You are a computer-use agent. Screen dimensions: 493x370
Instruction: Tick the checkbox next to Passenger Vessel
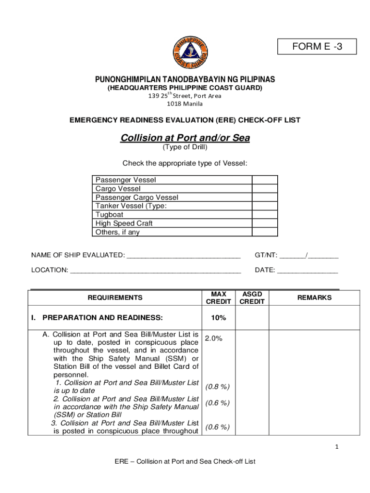(x=265, y=180)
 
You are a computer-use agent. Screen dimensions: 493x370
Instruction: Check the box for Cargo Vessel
(x=265, y=189)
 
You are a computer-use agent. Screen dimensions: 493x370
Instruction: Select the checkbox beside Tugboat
(x=265, y=215)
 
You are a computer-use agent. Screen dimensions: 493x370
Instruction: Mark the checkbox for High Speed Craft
(x=265, y=223)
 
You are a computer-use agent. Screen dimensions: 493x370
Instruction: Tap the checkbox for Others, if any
(x=265, y=232)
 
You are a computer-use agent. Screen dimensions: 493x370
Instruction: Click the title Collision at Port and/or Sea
(x=185, y=138)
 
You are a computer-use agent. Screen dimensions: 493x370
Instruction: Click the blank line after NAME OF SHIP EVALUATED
(x=183, y=256)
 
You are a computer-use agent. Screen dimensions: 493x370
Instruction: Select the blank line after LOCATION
(x=155, y=271)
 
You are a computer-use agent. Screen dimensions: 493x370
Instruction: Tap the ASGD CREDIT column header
(x=252, y=298)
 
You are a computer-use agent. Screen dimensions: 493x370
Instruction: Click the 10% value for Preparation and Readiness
(x=218, y=318)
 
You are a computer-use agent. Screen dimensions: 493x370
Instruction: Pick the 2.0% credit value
(x=214, y=338)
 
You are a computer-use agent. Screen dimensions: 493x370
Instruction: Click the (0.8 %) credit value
(x=217, y=387)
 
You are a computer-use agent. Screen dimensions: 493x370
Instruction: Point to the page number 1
(x=337, y=447)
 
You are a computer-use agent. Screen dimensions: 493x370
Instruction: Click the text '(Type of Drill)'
(x=185, y=148)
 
